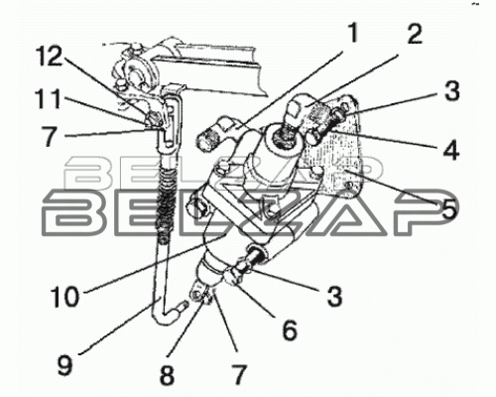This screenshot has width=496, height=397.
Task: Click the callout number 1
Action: tap(353, 33)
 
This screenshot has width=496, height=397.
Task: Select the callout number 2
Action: tap(415, 34)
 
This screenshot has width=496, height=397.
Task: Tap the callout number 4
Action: tap(451, 150)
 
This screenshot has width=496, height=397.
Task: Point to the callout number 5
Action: tap(448, 208)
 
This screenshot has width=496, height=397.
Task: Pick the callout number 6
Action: tap(290, 330)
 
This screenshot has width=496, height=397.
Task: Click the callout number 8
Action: tap(167, 375)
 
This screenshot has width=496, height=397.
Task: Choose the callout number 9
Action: tap(65, 365)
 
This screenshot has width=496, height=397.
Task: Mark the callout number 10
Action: tap(64, 297)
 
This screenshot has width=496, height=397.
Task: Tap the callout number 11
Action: tap(49, 98)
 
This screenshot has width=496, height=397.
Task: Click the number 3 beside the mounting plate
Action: tap(451, 90)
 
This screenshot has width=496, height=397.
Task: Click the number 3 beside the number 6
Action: tap(334, 295)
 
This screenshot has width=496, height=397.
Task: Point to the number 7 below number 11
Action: tap(50, 136)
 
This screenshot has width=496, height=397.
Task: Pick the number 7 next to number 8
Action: tap(240, 375)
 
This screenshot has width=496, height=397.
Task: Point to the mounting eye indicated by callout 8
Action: tap(197, 294)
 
